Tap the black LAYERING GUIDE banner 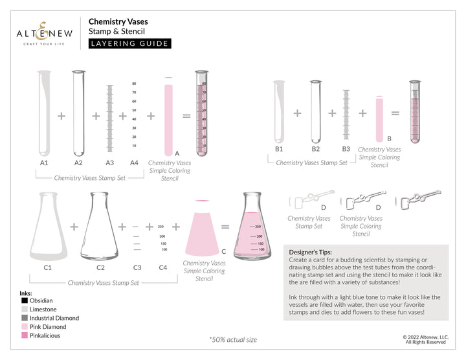(129, 43)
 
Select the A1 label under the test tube (44, 163)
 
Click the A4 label (134, 163)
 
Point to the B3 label (346, 149)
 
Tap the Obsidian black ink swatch (24, 300)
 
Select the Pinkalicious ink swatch (24, 335)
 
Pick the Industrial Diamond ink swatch (24, 318)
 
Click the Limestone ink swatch (24, 309)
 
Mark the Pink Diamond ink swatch (24, 327)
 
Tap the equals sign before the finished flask (225, 227)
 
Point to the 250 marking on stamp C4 (161, 227)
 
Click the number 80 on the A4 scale (134, 84)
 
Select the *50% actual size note (232, 339)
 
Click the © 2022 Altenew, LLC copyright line (425, 337)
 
